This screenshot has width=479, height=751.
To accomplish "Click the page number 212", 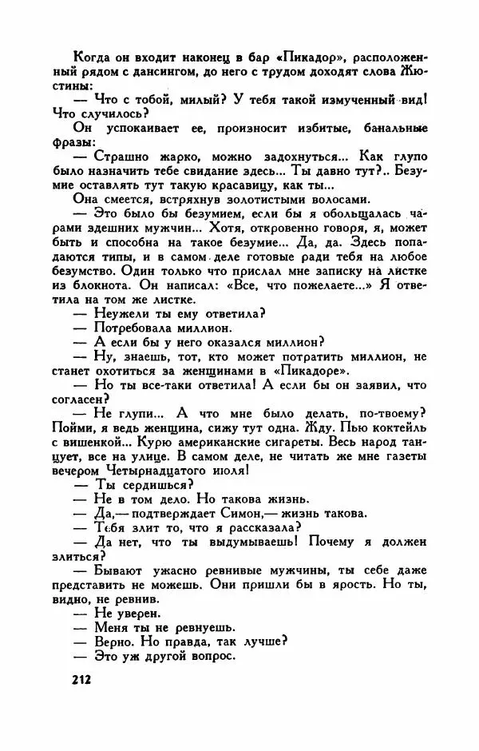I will tap(77, 680).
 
